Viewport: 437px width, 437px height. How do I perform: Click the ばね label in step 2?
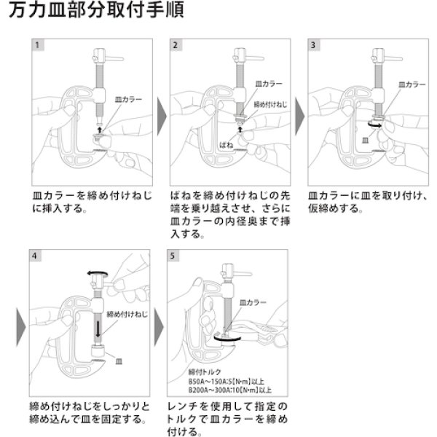(227, 145)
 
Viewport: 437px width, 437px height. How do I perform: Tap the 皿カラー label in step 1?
(129, 97)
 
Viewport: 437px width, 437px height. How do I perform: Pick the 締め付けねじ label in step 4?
(127, 314)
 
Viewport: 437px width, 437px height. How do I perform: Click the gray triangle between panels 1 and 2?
(162, 112)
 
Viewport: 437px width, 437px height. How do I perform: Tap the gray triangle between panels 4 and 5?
(162, 323)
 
